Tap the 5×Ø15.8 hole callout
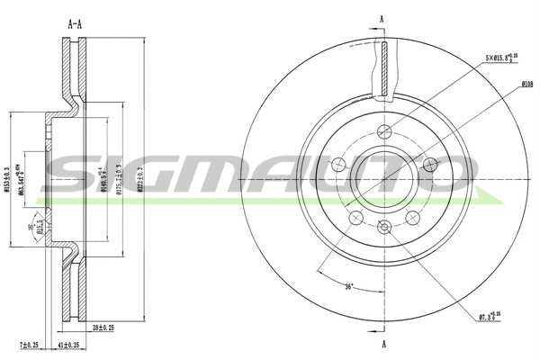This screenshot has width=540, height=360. [500, 57]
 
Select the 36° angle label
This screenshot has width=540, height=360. [349, 287]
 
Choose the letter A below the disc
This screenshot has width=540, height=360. [383, 344]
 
